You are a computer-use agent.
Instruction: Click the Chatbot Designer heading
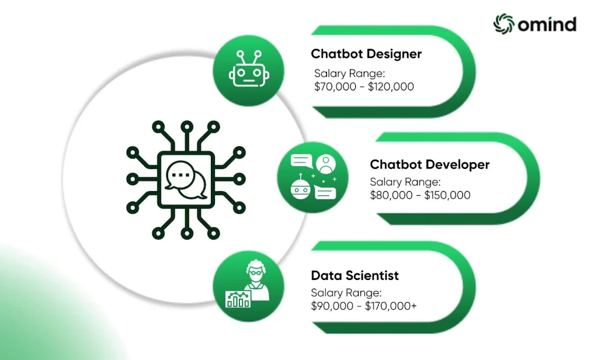366,54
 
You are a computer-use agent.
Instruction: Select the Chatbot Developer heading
429,165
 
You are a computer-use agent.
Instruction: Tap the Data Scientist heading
354,275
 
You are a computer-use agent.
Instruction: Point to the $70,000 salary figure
335,86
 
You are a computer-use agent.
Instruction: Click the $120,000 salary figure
391,86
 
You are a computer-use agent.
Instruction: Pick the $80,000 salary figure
391,195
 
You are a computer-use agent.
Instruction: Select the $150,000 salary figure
447,195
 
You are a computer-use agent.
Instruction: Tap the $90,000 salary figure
332,306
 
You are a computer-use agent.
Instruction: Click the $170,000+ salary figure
391,306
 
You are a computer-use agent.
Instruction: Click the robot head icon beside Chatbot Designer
249,69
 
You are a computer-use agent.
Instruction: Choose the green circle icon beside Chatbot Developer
312,177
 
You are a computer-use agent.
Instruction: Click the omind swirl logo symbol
503,24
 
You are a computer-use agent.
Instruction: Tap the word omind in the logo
547,24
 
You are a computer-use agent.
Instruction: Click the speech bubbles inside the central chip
186,180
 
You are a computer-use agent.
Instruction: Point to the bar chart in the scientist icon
238,299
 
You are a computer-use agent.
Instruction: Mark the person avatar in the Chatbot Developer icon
326,164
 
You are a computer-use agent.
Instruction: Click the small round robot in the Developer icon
301,187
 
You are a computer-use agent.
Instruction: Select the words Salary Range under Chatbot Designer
349,73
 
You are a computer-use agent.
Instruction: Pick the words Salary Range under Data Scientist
346,293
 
